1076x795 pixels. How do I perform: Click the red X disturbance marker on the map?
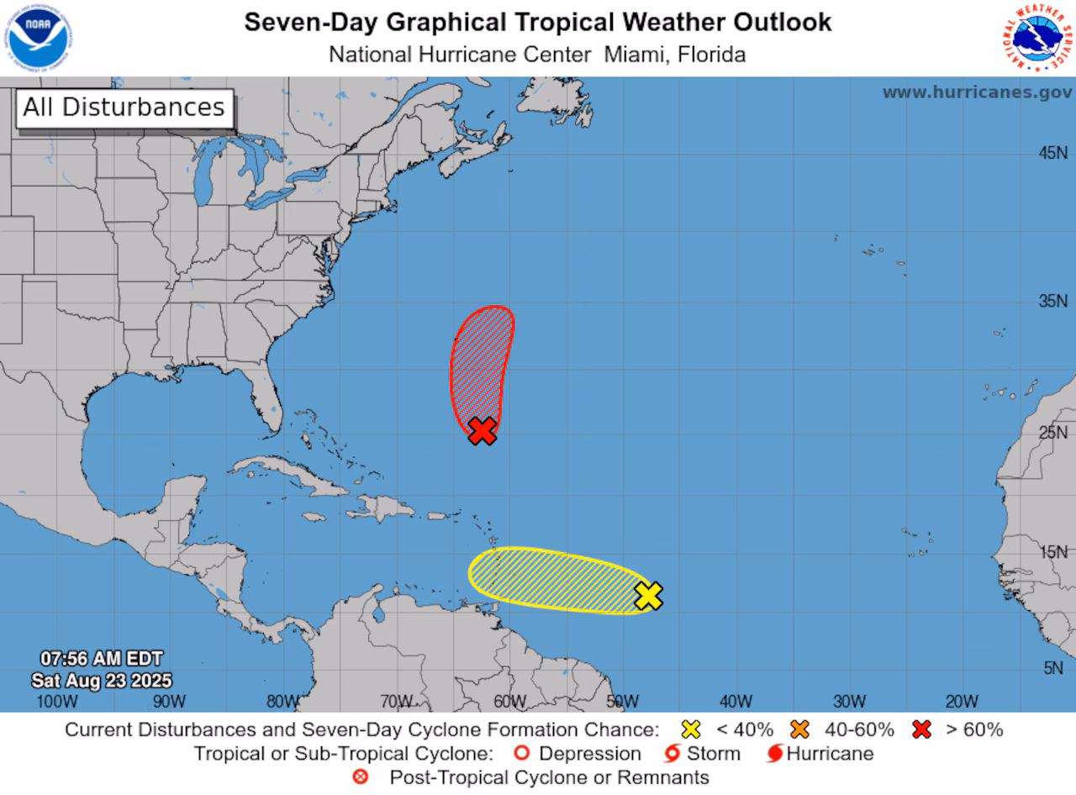click(482, 430)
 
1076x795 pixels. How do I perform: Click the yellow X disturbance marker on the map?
click(648, 595)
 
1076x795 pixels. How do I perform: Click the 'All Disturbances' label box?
click(124, 108)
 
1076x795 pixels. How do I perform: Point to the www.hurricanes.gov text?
click(977, 92)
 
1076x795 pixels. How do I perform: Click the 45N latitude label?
click(1052, 152)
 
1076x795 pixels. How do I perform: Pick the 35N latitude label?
click(1052, 301)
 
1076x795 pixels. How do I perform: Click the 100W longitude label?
click(57, 701)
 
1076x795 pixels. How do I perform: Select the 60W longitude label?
click(509, 701)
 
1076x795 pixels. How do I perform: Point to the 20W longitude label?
click(961, 701)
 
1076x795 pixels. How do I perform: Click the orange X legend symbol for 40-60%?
click(799, 729)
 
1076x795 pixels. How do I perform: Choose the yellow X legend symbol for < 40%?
click(692, 729)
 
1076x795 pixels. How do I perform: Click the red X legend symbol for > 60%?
click(922, 729)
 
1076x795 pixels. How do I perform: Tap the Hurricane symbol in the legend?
click(774, 754)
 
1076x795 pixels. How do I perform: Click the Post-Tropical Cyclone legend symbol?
click(361, 777)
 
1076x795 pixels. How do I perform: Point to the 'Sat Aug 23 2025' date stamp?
click(102, 680)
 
